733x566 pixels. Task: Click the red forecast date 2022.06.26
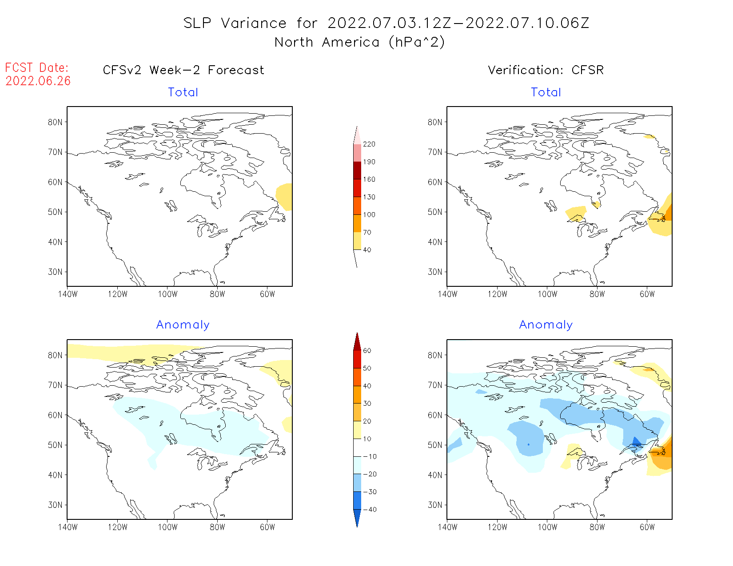[x=38, y=81]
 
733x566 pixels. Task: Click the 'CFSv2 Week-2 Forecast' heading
[x=183, y=70]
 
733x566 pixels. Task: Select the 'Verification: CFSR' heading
[x=546, y=70]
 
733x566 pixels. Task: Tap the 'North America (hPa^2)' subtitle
[x=359, y=42]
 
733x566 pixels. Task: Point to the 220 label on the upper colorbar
[x=369, y=144]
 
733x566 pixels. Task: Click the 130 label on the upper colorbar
[x=369, y=197]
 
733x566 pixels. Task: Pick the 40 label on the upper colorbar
[x=367, y=250]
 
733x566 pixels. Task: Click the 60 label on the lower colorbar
[x=367, y=351]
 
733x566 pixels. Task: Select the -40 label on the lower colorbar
[x=370, y=510]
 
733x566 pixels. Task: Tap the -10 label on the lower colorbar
[x=370, y=456]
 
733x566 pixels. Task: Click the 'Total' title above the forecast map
[x=183, y=92]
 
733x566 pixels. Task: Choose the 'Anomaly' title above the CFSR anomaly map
[x=546, y=325]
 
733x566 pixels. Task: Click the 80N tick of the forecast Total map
[x=55, y=122]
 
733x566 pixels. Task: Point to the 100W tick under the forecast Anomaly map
[x=167, y=527]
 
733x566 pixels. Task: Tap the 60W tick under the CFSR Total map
[x=647, y=294]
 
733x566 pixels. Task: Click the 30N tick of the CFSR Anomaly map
[x=435, y=505]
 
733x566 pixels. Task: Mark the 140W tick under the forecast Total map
[x=68, y=294]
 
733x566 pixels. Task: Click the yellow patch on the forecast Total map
[x=285, y=196]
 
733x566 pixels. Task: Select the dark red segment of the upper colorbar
[x=357, y=170]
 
